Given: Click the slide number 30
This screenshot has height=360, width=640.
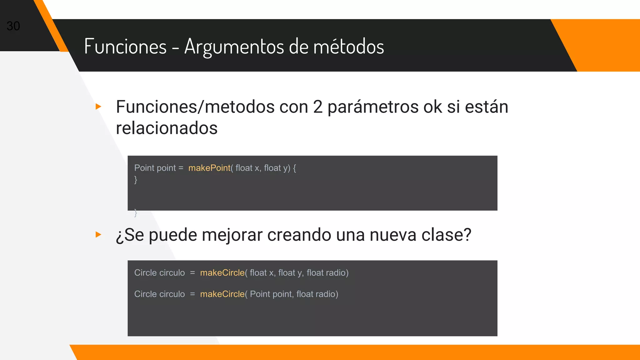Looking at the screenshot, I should tap(13, 26).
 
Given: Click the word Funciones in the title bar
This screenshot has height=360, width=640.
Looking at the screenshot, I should tap(125, 47).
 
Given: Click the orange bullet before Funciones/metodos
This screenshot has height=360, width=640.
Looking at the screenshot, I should tap(98, 107).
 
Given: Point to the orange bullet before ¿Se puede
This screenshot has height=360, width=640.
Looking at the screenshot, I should tap(98, 234).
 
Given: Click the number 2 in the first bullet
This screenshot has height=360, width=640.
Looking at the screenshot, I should tap(317, 107).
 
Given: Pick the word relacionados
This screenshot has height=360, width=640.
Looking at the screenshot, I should tap(167, 128).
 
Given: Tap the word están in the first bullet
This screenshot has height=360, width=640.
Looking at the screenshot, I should tap(486, 107).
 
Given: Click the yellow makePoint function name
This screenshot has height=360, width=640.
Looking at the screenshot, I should tap(209, 168).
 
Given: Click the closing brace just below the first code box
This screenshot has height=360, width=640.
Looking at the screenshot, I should tap(136, 213).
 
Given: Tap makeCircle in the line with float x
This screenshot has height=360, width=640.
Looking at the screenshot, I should tap(222, 273).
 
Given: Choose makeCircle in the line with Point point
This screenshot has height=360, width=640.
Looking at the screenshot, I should tap(222, 294).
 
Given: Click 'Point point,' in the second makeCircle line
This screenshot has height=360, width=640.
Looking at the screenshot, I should tap(272, 294).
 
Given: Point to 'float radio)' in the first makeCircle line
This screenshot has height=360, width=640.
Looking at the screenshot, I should tap(327, 273).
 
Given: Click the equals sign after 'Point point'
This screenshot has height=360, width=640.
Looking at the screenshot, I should tap(181, 168).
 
